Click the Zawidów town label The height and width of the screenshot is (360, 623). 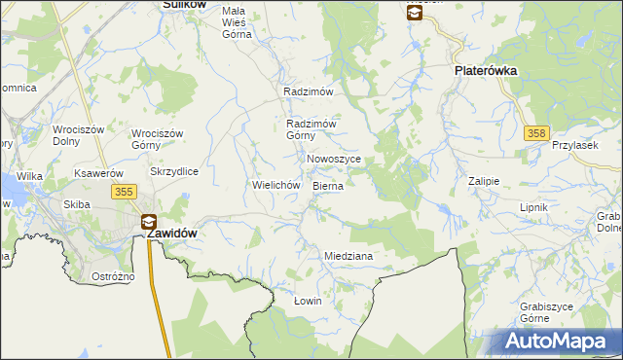point(172,234)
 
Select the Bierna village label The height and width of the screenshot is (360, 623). point(328,185)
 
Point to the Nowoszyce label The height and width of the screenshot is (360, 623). point(334,159)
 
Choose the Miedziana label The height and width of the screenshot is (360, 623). point(348,256)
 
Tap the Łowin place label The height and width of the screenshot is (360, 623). point(308,301)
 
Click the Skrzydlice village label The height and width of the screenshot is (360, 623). point(174,171)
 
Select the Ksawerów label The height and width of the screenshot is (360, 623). point(98,173)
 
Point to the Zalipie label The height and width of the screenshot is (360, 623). point(483,181)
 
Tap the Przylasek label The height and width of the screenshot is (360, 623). point(572,144)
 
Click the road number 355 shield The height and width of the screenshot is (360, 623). point(123,193)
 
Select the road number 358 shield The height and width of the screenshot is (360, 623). point(533,133)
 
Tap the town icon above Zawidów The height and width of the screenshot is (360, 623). point(149,221)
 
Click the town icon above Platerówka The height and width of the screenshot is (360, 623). point(414,12)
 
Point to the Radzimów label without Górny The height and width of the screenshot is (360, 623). point(309,91)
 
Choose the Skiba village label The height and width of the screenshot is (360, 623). point(77,204)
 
